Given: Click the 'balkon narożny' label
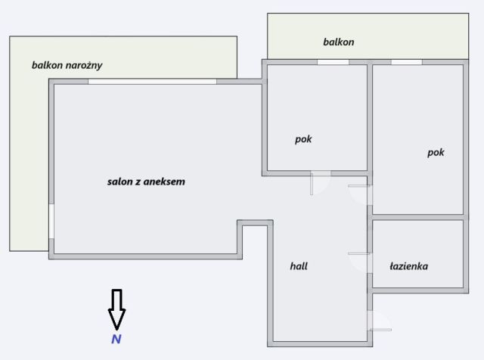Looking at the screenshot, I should [67, 65].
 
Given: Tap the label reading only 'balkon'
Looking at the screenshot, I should [338, 42].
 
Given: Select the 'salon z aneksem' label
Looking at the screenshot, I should [146, 182].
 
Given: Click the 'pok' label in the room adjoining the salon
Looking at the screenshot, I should [303, 139].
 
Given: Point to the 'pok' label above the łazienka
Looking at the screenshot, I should [436, 152].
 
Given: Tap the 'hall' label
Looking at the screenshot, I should [299, 266].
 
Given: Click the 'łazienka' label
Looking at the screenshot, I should [409, 266].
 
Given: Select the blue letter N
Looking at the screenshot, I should [116, 340].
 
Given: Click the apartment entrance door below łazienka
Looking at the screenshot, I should [378, 323].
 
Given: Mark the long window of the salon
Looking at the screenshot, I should [152, 82].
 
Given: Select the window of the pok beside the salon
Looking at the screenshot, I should [333, 62].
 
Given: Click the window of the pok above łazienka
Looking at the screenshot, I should [406, 62].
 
